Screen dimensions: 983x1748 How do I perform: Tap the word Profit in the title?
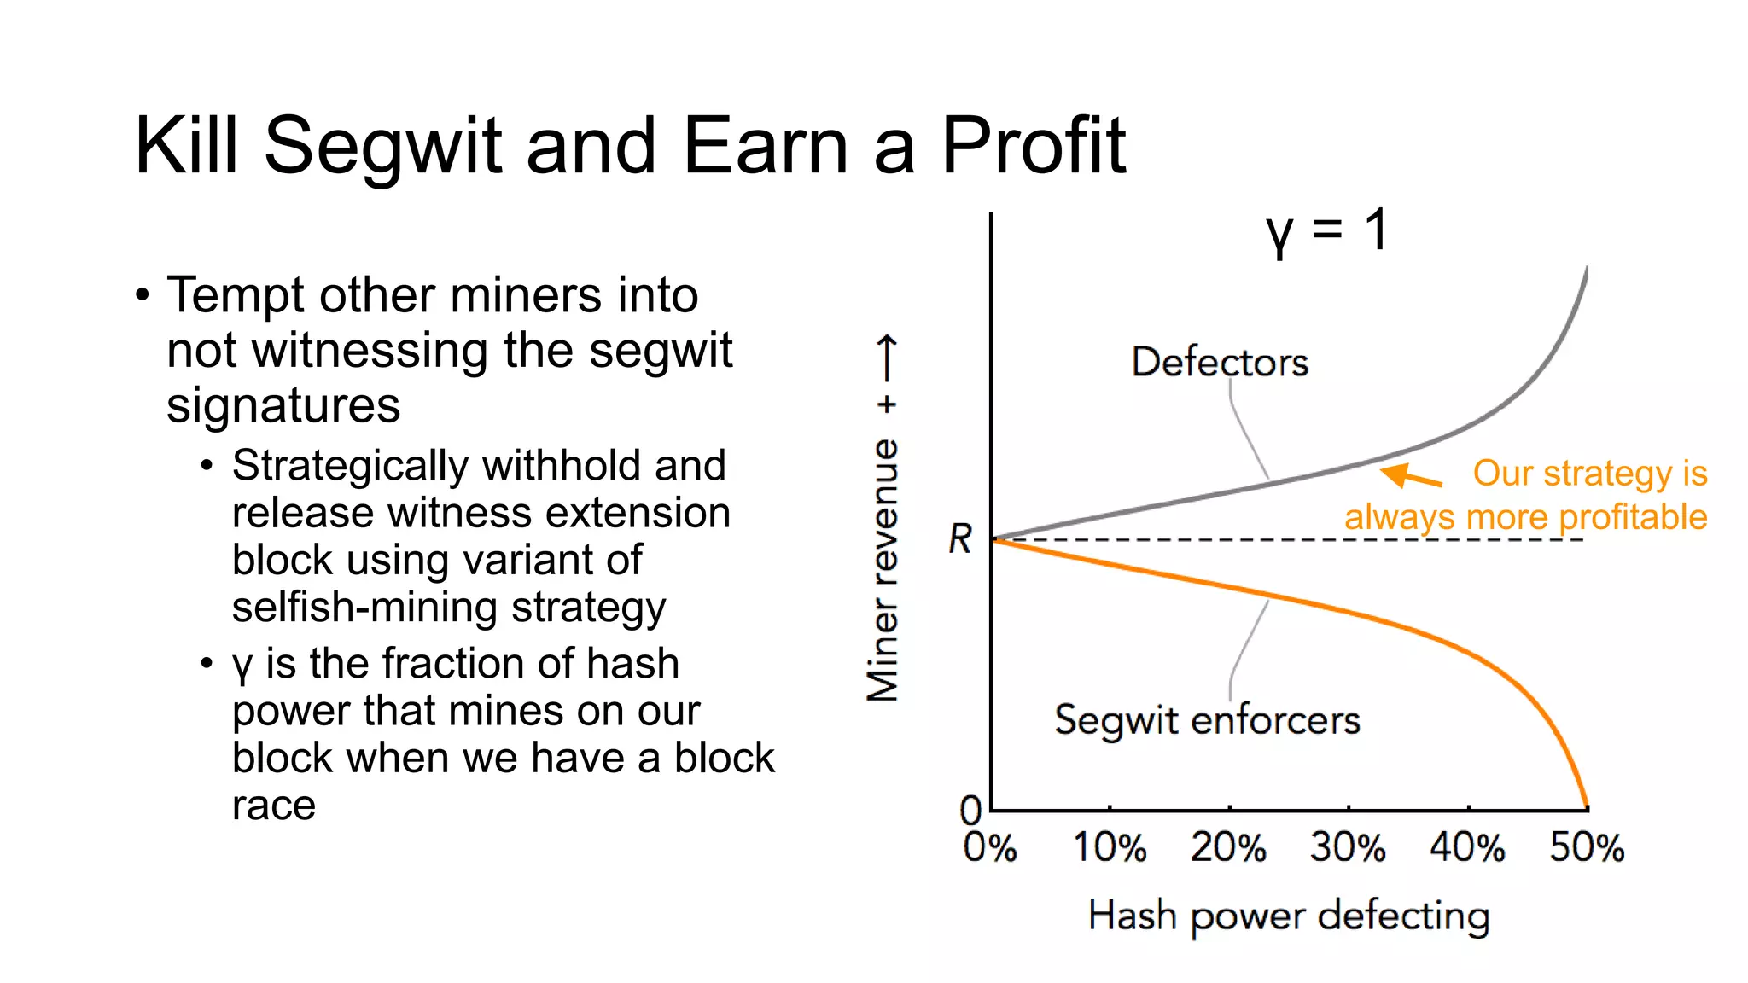tap(1033, 147)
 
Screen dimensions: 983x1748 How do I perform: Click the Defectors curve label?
tap(1220, 363)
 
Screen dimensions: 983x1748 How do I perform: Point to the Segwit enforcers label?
tap(1207, 720)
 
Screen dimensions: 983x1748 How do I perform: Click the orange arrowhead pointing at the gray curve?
tap(1396, 474)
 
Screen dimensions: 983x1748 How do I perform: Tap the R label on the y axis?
tap(960, 539)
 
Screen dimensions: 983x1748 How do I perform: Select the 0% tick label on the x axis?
tap(990, 847)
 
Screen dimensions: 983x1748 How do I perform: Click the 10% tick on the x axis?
tap(1110, 847)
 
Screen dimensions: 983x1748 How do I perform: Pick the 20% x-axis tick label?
tap(1229, 847)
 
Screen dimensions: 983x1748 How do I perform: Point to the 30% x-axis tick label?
tap(1349, 847)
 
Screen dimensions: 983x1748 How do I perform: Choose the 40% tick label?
tap(1468, 847)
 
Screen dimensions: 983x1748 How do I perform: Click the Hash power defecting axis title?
tap(1289, 916)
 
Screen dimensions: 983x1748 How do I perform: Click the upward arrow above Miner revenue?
tap(887, 358)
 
